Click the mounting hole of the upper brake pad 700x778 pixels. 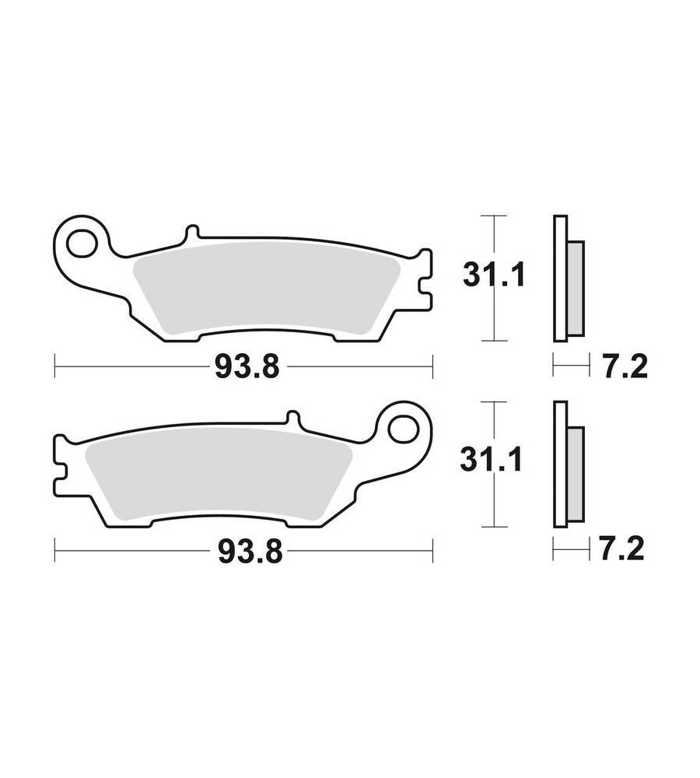[82, 243]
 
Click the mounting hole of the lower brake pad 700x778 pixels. [404, 429]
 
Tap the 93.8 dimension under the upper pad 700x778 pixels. [247, 368]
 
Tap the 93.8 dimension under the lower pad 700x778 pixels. [250, 552]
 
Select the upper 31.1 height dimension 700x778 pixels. [494, 275]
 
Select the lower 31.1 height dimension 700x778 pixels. [491, 460]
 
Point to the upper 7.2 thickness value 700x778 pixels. [626, 368]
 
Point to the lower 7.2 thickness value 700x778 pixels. [622, 548]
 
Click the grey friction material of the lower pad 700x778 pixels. [219, 473]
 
